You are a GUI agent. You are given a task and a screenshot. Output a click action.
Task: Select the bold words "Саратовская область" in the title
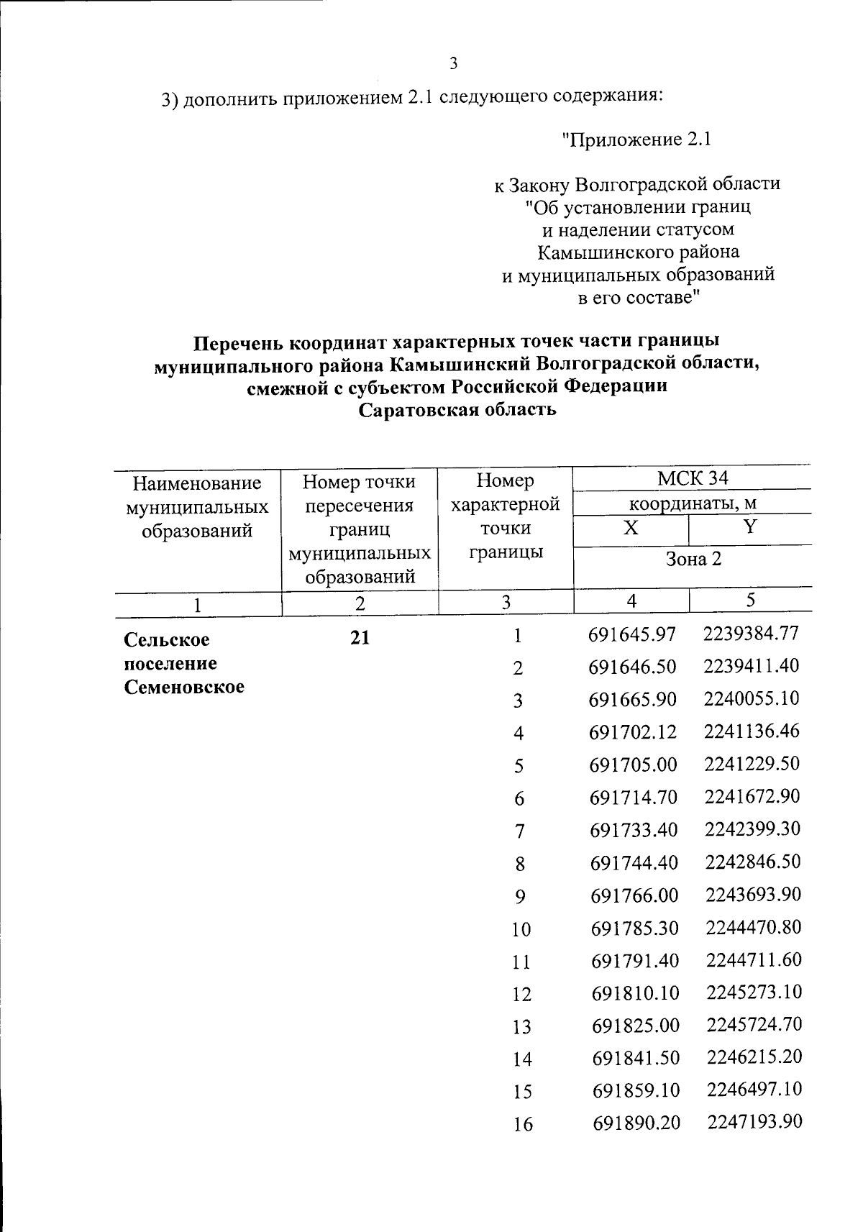[x=457, y=410]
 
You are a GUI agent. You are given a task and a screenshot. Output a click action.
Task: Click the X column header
[x=630, y=528]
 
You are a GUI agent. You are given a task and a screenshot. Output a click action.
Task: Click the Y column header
[x=750, y=527]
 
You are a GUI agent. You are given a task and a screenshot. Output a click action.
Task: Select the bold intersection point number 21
[x=360, y=637]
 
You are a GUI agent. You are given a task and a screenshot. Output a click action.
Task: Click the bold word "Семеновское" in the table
[x=184, y=687]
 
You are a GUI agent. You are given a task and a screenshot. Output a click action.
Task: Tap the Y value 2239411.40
[x=752, y=666]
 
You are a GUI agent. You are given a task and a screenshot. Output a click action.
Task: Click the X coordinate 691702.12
[x=633, y=732]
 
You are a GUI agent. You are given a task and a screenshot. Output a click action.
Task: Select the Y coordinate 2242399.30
[x=752, y=829]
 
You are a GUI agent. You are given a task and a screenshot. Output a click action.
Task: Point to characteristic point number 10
[x=521, y=929]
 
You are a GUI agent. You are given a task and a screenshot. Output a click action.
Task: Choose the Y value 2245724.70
[x=754, y=1025]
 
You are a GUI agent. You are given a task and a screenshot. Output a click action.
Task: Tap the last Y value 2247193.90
[x=754, y=1123]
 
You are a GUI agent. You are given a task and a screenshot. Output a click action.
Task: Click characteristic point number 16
[x=522, y=1125]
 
